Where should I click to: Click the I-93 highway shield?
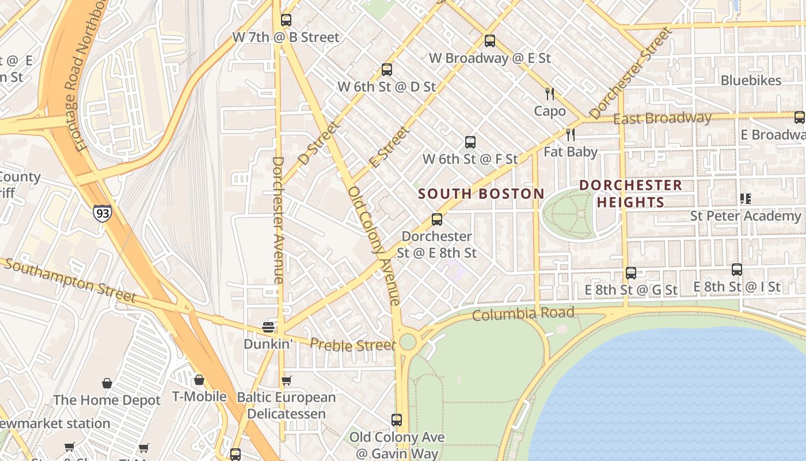102,213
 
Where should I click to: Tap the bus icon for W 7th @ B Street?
286,20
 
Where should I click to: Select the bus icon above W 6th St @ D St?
387,70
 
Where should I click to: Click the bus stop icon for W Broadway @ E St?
490,41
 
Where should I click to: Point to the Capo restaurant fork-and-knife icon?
550,94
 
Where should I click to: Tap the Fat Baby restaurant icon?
571,135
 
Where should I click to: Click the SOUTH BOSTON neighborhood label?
481,194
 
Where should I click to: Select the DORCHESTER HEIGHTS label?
631,194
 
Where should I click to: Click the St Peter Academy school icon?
746,199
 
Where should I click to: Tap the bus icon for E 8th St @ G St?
631,273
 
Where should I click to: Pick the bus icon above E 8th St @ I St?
737,269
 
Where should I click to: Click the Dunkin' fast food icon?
268,327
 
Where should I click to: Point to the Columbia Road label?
523,314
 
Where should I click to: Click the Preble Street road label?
353,345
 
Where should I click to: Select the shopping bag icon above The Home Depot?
107,383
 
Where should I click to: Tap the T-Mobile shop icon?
199,380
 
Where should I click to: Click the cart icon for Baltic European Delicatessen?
286,381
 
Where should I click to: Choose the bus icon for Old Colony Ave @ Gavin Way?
397,420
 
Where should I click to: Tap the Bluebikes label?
751,81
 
